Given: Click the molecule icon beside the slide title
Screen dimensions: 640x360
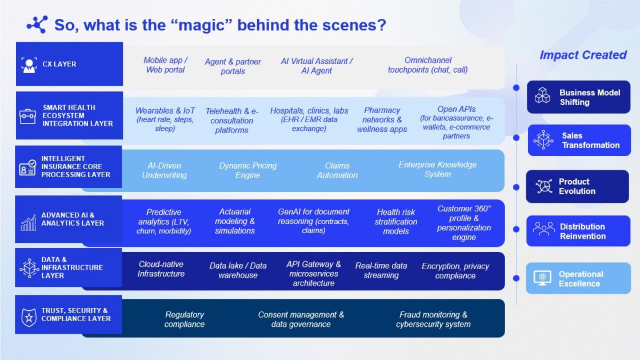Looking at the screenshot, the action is coord(37,25).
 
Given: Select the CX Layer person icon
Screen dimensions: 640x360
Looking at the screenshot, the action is coord(29,65).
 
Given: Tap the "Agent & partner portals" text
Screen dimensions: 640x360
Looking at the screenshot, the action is coord(233,66).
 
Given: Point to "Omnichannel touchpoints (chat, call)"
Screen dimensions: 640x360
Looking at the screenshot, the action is coord(428,65).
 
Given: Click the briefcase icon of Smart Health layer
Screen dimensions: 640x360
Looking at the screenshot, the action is coord(28,116).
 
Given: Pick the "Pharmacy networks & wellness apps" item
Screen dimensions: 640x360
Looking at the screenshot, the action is coord(382,119).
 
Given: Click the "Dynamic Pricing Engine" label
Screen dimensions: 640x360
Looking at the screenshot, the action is coord(248,170).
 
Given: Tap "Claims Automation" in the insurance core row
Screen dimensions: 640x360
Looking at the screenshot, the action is coord(337,170).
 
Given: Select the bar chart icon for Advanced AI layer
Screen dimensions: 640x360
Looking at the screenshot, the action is coord(28,222).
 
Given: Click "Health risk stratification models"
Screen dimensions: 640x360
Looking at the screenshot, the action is coord(396,222).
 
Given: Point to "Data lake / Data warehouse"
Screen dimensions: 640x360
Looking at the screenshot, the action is coord(238,270).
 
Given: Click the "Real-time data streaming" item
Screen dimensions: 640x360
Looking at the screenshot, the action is coord(381,270).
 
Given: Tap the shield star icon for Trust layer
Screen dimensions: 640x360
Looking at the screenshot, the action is coord(29,317).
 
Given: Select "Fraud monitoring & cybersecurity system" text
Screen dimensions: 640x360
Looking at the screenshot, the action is coord(433,319).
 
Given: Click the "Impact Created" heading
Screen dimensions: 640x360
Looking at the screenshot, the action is coord(583,55).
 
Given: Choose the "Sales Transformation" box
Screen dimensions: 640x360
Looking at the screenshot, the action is coord(579,140).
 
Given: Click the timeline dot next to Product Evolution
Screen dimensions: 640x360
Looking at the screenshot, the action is coord(517,187).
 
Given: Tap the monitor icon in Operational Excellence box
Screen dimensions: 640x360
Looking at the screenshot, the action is coord(542,278).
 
